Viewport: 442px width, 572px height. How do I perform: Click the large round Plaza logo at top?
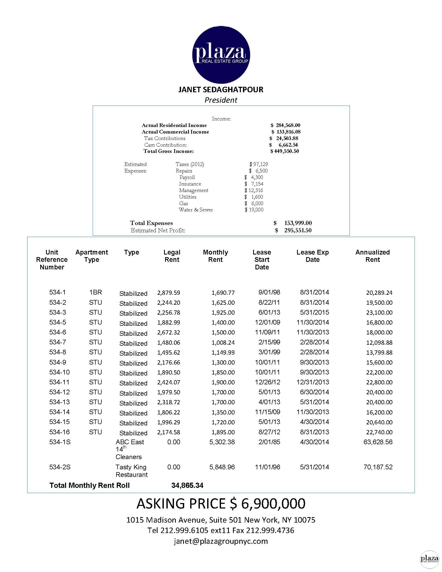[221, 55]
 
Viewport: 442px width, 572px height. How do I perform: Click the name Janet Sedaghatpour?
[221, 90]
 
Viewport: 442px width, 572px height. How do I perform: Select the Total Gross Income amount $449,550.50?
[285, 151]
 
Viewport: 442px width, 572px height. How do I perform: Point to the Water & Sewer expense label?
[196, 210]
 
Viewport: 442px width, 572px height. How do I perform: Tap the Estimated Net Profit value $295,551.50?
[293, 230]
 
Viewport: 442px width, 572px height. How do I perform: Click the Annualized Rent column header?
[372, 256]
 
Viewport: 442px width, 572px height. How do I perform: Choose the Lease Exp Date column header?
[312, 256]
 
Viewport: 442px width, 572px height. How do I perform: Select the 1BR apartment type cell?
[95, 292]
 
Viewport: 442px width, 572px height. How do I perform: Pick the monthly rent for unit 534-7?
[223, 343]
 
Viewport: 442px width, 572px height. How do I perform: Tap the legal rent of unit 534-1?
[168, 293]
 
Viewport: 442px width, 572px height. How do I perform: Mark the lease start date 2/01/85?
[269, 442]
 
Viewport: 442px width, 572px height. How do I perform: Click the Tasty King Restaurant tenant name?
[131, 471]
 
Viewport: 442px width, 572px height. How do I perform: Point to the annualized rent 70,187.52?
[378, 467]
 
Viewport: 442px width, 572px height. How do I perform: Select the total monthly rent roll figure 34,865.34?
[187, 485]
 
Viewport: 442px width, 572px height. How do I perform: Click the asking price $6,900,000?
[221, 504]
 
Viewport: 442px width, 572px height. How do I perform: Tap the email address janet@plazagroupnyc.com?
[221, 541]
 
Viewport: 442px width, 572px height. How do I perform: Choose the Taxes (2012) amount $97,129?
[258, 164]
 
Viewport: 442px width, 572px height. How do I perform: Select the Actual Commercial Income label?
[176, 132]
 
